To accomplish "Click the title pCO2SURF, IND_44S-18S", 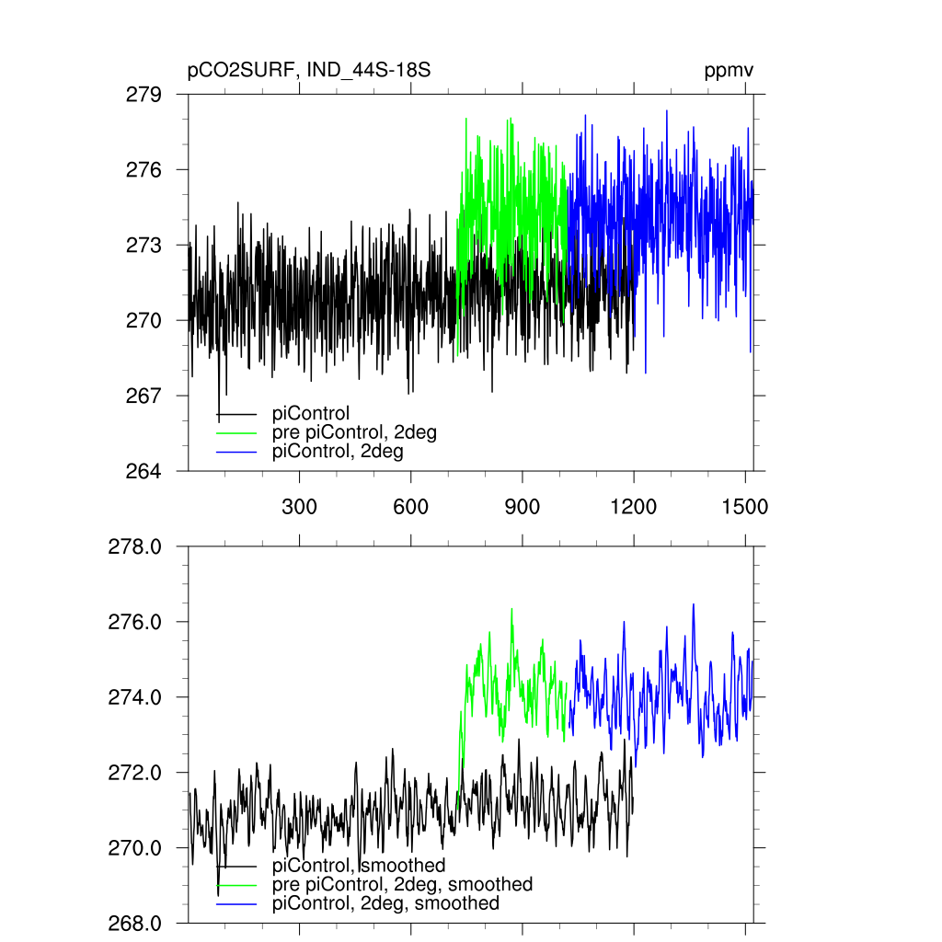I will click(x=309, y=72).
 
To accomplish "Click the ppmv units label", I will click(x=729, y=72).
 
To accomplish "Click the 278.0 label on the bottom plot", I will click(x=136, y=546).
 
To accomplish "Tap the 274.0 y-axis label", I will click(x=136, y=697).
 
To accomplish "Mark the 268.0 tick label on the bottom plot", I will click(x=136, y=923).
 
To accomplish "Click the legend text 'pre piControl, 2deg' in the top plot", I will click(x=354, y=432).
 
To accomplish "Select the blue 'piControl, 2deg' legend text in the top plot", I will click(x=338, y=452).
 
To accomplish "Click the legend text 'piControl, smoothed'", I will click(x=359, y=865).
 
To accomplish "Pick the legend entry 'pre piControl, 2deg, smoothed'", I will click(x=402, y=884).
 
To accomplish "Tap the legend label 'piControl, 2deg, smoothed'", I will click(x=385, y=903).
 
